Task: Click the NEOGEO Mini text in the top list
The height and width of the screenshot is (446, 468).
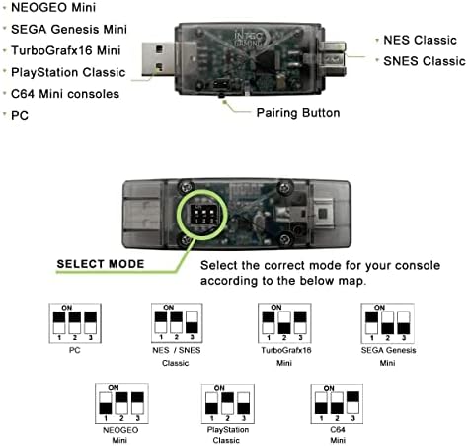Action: tap(53, 7)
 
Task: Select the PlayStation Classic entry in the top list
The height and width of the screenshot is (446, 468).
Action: tap(68, 72)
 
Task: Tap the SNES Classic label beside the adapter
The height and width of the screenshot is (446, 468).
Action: tap(425, 61)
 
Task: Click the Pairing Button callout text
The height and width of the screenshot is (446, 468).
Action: tap(298, 113)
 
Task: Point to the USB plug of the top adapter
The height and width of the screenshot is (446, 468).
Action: tap(158, 59)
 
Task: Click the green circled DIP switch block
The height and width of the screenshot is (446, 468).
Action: tap(202, 215)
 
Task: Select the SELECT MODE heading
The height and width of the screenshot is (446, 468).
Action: tap(101, 264)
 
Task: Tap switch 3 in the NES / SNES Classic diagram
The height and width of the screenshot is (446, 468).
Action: tap(192, 322)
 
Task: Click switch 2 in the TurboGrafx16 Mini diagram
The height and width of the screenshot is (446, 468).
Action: tap(284, 322)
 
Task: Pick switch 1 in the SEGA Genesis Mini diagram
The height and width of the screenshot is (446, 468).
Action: tap(371, 322)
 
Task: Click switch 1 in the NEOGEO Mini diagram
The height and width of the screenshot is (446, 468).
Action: tap(106, 402)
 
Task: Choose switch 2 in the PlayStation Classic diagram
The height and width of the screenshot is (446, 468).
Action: tap(228, 402)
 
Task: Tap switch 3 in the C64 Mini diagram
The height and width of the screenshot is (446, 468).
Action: tap(352, 402)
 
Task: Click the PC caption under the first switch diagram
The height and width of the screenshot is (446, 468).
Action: tap(75, 350)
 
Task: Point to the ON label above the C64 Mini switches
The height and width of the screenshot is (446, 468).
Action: tap(329, 388)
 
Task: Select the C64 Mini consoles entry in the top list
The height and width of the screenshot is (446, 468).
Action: tap(65, 94)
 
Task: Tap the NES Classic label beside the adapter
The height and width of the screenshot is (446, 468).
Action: tap(420, 40)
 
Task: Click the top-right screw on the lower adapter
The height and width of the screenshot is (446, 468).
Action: tap(284, 187)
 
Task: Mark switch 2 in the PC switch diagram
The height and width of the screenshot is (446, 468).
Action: tap(75, 322)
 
